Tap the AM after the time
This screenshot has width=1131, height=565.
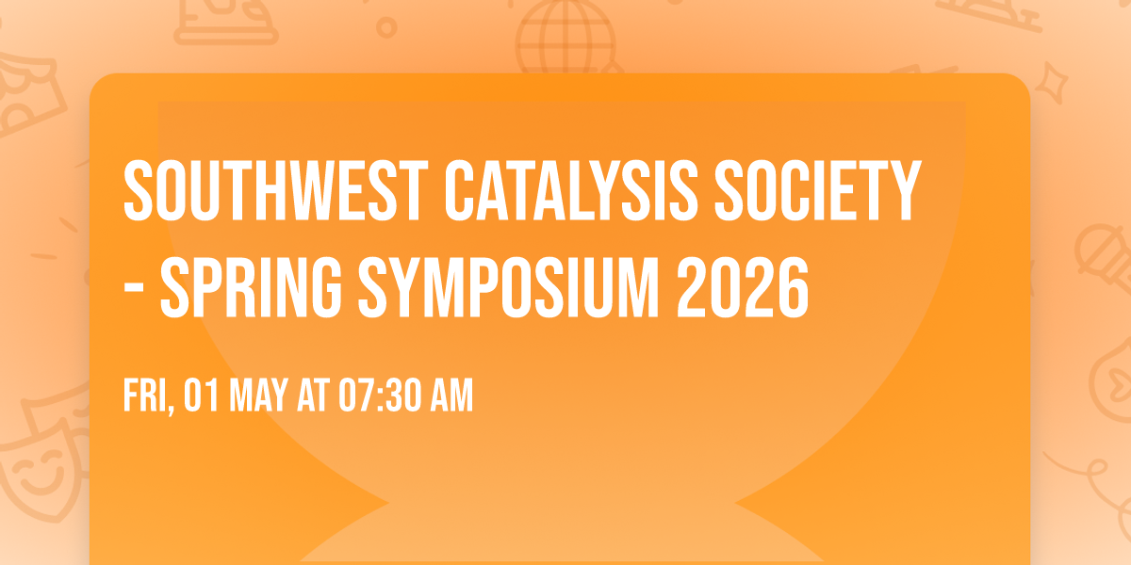450,395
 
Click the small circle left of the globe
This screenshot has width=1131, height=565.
386,27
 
